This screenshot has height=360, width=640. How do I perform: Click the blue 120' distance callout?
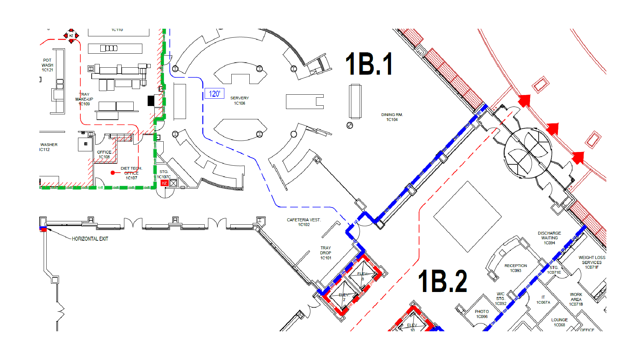214,94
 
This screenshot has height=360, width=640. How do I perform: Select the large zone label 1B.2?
442,281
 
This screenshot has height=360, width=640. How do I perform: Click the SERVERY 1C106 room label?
239,101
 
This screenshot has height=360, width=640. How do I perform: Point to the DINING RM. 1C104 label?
392,117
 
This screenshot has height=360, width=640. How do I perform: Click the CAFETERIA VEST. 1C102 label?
304,222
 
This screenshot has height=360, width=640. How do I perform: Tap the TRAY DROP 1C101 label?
326,253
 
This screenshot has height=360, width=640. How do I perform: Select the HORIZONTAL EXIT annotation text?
90,239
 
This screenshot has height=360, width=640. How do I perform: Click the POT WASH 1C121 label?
47,65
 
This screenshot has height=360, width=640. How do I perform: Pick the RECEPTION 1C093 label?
516,268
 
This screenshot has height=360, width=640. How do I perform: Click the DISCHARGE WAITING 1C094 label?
549,238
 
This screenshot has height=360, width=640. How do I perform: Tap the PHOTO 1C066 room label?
482,314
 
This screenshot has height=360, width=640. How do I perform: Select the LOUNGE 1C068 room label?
559,322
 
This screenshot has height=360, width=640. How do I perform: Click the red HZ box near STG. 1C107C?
164,183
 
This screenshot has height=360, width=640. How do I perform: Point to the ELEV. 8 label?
362,276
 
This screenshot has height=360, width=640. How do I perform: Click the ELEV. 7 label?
344,297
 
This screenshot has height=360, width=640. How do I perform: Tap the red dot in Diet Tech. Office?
113,173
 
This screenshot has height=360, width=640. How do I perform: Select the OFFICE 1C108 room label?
104,154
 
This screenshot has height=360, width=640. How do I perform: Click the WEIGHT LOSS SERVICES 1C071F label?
592,262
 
